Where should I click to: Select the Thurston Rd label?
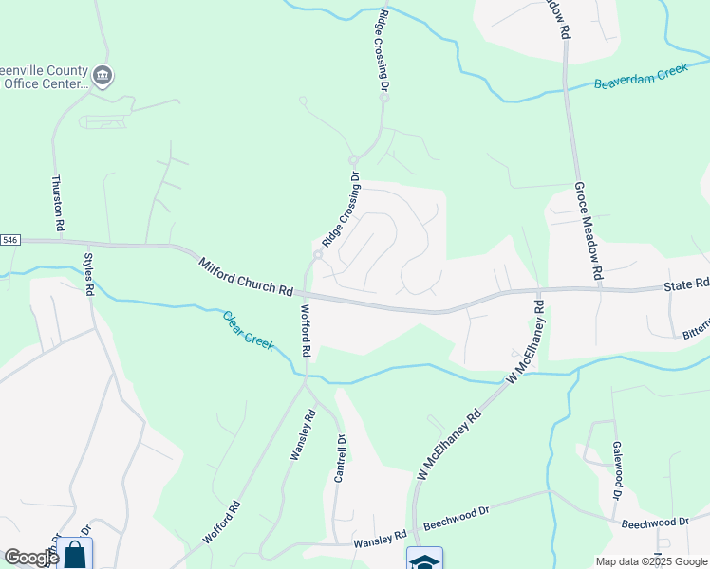coord(57,203)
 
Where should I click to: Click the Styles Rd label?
coord(89,272)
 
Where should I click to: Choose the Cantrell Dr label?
coord(339,459)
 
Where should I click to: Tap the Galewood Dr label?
coord(616,469)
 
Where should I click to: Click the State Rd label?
coord(687,284)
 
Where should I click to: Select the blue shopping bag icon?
coord(75,555)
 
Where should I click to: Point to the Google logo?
coord(31,558)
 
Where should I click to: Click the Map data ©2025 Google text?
coord(651,561)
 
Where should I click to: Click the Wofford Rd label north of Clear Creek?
coord(306,330)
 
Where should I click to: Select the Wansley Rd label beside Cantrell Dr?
coord(301,435)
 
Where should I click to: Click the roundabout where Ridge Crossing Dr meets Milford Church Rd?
coord(319,254)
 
